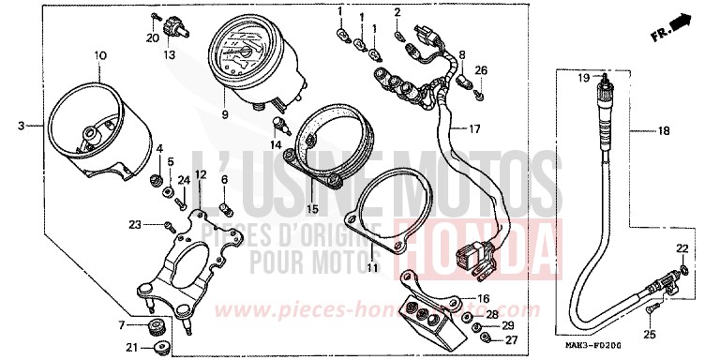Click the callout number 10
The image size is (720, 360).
tap(99, 57)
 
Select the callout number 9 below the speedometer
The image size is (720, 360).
tap(225, 114)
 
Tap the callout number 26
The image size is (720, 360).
tap(481, 71)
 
